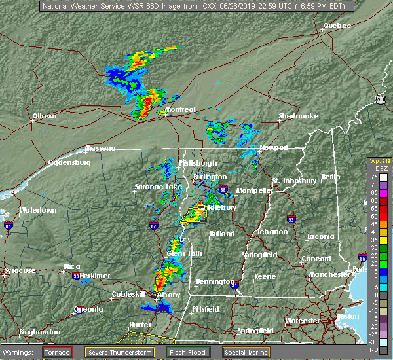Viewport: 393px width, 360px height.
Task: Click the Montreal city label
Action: [x=180, y=109]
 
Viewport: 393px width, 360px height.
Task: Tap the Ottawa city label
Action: [x=45, y=117]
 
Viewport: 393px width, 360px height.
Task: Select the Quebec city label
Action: [x=337, y=26]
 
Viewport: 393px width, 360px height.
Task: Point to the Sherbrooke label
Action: [x=298, y=116]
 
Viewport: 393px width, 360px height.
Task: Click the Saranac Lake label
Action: [x=158, y=187]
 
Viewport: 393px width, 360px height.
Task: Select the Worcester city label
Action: [x=302, y=321]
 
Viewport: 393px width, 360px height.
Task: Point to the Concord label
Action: [x=316, y=259]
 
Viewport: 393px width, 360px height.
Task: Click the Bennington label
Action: [x=215, y=282]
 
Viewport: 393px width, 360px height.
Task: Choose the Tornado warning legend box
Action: [x=58, y=352]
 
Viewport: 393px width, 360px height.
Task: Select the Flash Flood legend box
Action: [x=189, y=352]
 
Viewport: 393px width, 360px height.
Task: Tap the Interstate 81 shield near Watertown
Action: [x=9, y=226]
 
